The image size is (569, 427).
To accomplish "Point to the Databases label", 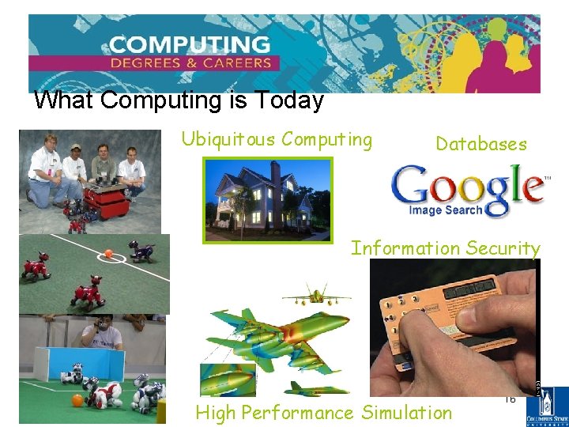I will [x=480, y=144].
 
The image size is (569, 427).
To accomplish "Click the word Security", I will [x=502, y=248].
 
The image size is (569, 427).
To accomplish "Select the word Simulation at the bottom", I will [x=406, y=413].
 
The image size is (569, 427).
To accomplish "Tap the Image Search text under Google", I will [x=446, y=210].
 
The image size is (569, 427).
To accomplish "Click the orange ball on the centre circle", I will [x=107, y=255].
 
